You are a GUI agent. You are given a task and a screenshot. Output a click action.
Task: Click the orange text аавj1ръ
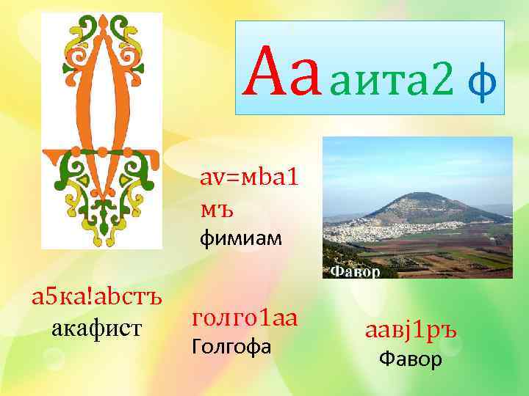click(x=411, y=331)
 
